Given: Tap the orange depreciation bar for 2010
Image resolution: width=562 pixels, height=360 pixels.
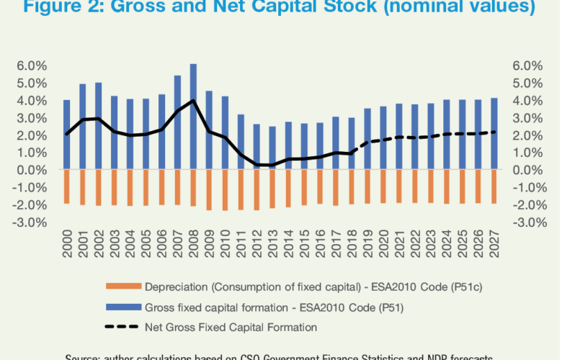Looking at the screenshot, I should pyautogui.click(x=226, y=190).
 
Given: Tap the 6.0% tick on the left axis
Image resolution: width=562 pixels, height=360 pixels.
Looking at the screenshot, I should pyautogui.click(x=32, y=66).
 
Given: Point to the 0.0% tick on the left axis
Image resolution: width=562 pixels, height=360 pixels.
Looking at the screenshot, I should pyautogui.click(x=32, y=170).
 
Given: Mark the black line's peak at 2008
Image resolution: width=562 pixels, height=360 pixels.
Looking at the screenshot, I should pyautogui.click(x=193, y=100).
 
